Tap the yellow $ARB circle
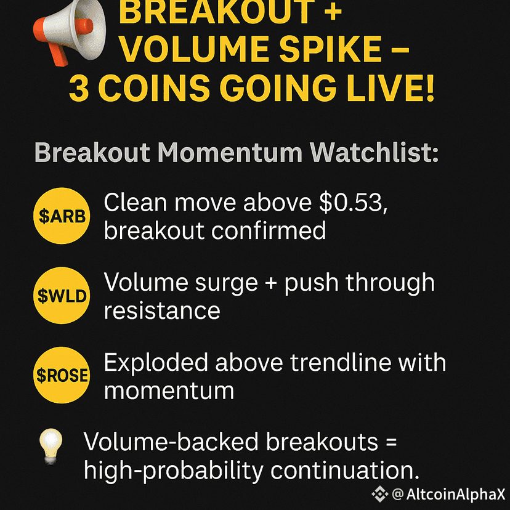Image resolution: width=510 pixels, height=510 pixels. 62,216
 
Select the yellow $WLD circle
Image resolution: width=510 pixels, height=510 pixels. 62,295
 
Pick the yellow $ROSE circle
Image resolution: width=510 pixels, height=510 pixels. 62,375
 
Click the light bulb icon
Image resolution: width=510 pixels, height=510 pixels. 51,446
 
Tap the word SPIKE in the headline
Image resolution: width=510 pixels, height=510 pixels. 331,49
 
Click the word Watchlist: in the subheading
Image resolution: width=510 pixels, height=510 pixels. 374,153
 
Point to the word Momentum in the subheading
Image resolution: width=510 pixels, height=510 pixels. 230,153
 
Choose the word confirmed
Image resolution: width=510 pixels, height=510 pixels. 269,230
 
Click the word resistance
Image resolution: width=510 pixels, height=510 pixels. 162,310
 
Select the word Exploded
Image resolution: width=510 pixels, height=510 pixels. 156,363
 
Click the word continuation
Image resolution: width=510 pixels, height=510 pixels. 345,471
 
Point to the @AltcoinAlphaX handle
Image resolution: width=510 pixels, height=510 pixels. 449,495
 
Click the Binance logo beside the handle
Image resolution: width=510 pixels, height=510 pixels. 380,495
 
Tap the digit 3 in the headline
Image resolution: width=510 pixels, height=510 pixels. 79,88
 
